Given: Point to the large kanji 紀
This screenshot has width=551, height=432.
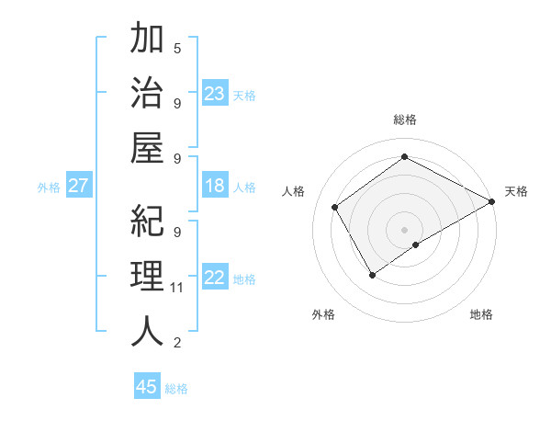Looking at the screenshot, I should point(147,222).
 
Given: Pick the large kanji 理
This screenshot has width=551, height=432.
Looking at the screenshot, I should point(147,276).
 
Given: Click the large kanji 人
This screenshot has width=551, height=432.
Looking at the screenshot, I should point(147,330).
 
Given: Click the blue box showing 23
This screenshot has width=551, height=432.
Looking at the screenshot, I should point(215,94).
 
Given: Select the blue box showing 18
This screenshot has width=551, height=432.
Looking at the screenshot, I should point(215,187).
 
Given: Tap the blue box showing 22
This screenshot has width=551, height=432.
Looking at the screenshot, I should point(215,279).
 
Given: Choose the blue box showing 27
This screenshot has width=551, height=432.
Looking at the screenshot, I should point(79,187).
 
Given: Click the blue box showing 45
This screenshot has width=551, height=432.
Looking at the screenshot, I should point(147,387).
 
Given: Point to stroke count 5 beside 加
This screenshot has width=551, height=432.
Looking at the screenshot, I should point(177,48).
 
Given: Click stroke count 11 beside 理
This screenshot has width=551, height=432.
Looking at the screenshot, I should point(177,288).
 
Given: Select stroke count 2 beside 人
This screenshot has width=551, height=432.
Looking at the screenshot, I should point(177,343).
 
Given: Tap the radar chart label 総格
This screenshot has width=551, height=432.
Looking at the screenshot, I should point(405,120).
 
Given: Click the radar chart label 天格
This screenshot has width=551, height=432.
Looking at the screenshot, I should point(516,191).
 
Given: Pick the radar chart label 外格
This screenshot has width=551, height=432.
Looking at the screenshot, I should point(322,314).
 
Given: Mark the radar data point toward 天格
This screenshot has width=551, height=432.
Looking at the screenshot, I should point(491,200).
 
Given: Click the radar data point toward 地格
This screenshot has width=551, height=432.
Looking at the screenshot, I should point(416,244).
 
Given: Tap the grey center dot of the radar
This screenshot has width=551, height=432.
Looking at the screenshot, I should point(404,229).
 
